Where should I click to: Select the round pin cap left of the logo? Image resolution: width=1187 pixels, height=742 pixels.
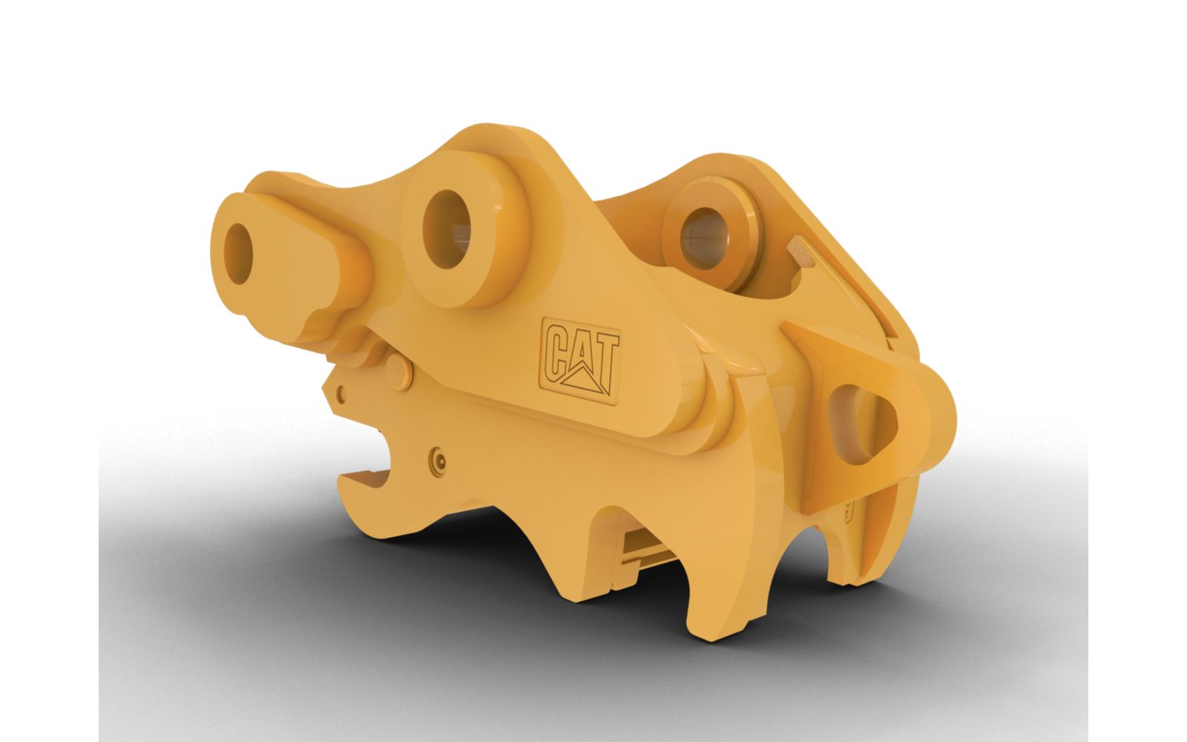tap(400, 371)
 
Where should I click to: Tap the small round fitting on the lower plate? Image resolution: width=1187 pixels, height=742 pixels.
tap(438, 462)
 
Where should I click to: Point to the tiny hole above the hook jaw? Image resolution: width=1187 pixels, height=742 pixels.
tap(342, 392)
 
